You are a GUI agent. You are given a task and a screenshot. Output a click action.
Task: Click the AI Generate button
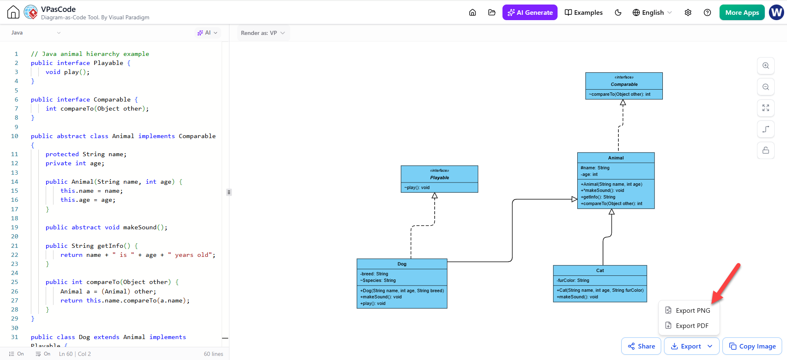(530, 12)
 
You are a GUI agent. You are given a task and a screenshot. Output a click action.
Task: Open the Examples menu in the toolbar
(583, 12)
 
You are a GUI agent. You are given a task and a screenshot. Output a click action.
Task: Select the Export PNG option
(688, 310)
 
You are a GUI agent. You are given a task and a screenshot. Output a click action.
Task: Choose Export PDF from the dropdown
(688, 325)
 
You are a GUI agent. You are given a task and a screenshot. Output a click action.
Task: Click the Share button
(641, 346)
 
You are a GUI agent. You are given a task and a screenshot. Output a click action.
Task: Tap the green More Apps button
(742, 12)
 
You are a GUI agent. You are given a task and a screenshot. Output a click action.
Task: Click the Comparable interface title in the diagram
(624, 84)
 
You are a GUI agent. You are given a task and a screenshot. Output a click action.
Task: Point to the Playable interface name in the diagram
(440, 178)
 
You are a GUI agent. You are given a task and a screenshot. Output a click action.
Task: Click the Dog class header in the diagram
(402, 264)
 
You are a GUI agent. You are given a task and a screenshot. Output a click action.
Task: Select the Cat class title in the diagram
(600, 270)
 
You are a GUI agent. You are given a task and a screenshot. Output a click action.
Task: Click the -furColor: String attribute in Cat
(573, 280)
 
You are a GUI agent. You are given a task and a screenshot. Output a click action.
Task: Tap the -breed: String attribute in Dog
(374, 274)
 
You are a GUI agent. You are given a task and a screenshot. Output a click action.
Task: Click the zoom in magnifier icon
(766, 66)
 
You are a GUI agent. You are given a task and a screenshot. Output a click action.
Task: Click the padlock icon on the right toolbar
(766, 150)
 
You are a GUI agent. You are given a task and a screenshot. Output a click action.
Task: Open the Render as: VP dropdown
(263, 33)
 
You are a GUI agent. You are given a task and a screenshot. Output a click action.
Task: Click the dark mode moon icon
(618, 12)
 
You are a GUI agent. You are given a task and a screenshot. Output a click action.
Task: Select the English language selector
(652, 12)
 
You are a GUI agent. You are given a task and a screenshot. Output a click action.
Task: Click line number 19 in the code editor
(15, 227)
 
